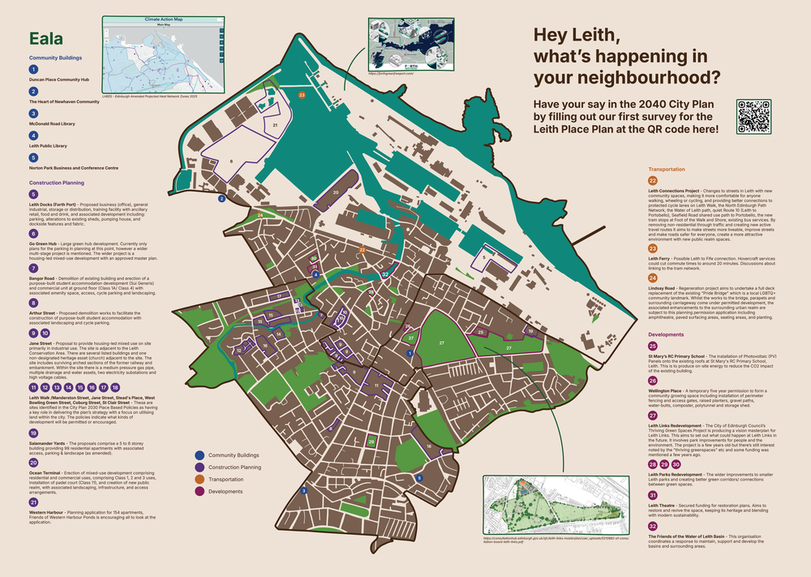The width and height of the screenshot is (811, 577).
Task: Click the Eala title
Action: (48, 40)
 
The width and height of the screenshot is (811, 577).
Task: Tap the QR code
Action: (753, 116)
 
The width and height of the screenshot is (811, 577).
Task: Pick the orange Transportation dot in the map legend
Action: (200, 479)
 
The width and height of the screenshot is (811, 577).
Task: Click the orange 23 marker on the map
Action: (302, 95)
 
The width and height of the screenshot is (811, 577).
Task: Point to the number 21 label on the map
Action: (275, 126)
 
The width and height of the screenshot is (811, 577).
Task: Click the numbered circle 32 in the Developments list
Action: (653, 526)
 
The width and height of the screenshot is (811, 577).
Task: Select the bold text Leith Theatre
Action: (667, 505)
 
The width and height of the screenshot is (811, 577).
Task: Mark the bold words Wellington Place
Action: (669, 390)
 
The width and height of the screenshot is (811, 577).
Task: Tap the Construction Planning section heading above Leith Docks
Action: (62, 183)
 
